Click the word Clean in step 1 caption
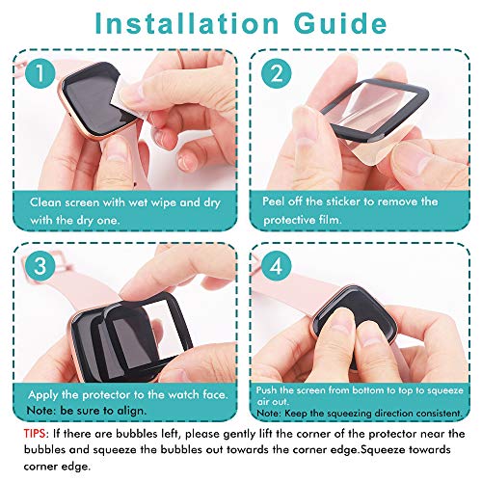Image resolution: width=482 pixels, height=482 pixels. click(47, 202)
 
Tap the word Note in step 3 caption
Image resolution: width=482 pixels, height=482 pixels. click(44, 413)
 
